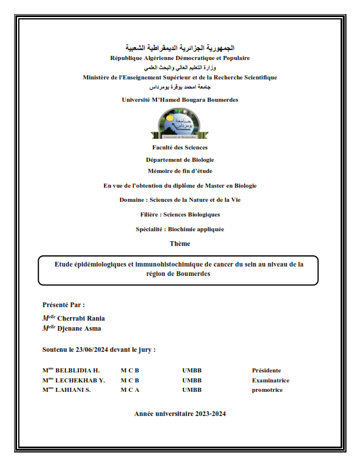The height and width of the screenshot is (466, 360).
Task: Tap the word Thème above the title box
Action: point(180,244)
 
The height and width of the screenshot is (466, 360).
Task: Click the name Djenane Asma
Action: point(79,328)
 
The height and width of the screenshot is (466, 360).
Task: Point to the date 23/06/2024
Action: point(94,349)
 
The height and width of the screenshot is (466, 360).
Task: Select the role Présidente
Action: point(266,371)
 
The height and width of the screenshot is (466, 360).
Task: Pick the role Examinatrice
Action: point(271,380)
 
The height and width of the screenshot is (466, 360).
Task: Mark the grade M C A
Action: point(130,390)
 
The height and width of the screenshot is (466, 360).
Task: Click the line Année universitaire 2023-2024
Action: point(180,414)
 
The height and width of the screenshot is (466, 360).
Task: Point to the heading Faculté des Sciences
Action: point(180,148)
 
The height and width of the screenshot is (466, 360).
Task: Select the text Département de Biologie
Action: point(180,159)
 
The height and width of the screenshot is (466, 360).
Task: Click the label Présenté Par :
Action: point(64,305)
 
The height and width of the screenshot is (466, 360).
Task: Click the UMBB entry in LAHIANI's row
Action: point(192,390)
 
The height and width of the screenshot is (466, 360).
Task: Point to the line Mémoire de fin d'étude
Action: point(180,171)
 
